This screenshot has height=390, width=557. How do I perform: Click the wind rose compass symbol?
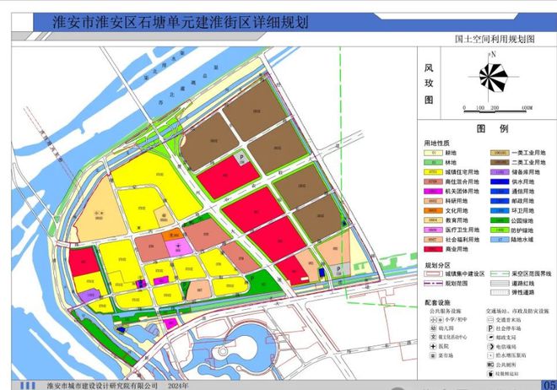tap(495, 77)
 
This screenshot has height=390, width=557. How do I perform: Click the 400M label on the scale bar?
tap(525, 108)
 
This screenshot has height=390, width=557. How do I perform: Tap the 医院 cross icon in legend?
tap(431, 345)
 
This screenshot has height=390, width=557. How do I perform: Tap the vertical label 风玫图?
tap(428, 82)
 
